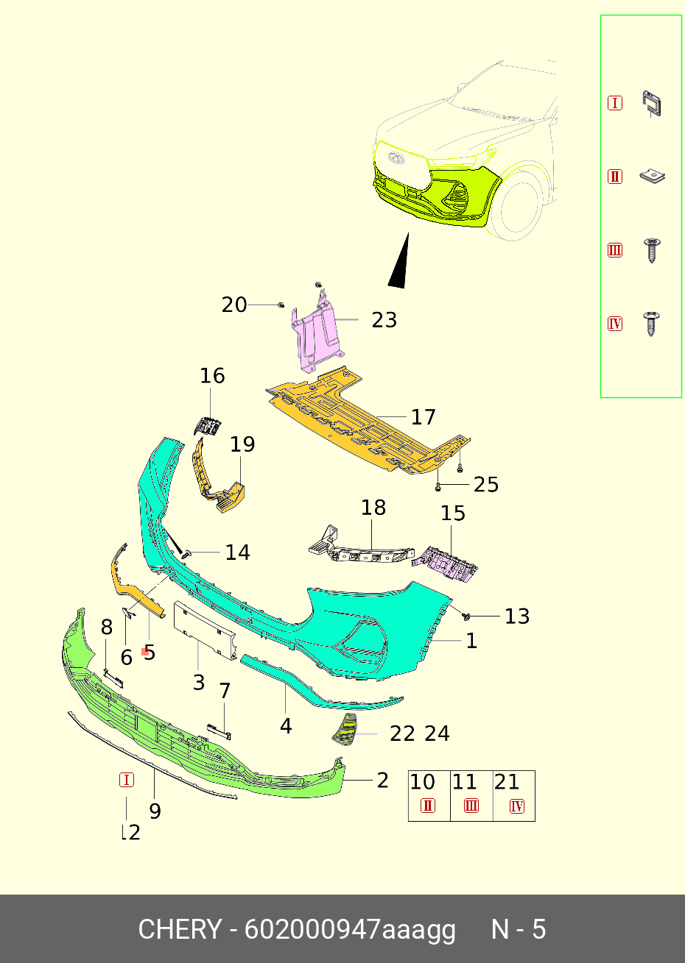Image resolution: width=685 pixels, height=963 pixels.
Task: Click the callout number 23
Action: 384,320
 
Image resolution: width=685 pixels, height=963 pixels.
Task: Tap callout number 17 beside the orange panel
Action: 424,417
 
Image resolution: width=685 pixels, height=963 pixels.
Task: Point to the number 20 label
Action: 234,305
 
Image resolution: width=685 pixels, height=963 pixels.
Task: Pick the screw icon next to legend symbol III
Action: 651,250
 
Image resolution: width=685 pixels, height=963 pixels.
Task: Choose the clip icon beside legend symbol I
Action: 652,104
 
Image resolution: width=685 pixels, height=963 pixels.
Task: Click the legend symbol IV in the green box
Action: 615,324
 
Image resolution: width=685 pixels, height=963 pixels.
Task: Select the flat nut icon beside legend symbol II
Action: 652,176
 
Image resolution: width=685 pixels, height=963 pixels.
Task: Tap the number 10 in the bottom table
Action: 423,782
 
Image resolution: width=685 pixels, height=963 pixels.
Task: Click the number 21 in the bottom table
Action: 507,782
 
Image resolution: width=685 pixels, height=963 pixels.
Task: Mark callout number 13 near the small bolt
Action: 517,616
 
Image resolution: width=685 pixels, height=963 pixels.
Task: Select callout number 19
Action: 242,444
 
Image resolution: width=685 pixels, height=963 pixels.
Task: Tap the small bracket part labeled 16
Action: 208,425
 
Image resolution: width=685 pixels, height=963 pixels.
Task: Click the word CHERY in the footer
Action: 179,930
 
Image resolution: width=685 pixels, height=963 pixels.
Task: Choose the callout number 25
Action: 486,485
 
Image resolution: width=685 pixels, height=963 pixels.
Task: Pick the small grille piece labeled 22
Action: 345,728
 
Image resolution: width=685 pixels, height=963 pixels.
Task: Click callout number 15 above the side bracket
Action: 453,513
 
